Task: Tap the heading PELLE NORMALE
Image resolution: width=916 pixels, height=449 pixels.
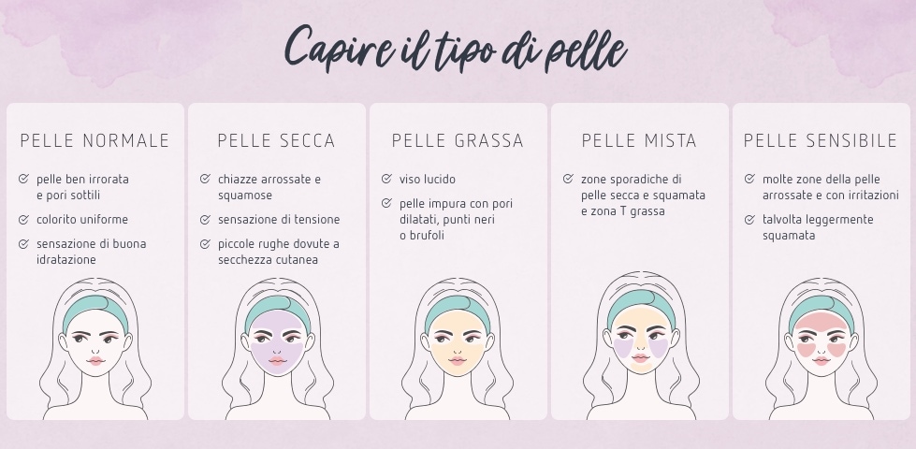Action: [x=95, y=141]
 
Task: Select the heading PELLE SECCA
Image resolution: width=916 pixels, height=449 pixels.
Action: [x=276, y=141]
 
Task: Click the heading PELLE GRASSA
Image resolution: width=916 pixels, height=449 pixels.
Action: [x=458, y=141]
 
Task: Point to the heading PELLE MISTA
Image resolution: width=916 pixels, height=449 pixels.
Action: [x=639, y=141]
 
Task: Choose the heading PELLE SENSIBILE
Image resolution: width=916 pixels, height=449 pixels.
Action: [x=821, y=141]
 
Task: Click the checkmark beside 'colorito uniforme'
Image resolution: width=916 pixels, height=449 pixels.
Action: [x=23, y=220]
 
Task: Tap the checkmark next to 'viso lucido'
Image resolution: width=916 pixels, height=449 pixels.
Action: [x=386, y=179]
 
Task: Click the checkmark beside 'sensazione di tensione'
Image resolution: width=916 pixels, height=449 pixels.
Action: [x=205, y=220]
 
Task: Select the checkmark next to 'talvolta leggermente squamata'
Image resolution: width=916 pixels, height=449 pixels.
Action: [x=749, y=220]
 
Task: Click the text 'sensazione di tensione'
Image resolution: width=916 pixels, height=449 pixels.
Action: [x=279, y=220]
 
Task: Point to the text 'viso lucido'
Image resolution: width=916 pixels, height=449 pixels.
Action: [x=428, y=179]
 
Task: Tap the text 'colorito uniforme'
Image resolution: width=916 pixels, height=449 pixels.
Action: [x=82, y=220]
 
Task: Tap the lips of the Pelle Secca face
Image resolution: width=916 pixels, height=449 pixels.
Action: [x=276, y=360]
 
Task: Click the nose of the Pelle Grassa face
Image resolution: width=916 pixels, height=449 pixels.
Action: [x=458, y=347]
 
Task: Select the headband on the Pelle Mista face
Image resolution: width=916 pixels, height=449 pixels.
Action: [x=639, y=304]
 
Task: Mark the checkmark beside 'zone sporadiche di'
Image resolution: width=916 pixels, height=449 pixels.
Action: [x=568, y=179]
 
